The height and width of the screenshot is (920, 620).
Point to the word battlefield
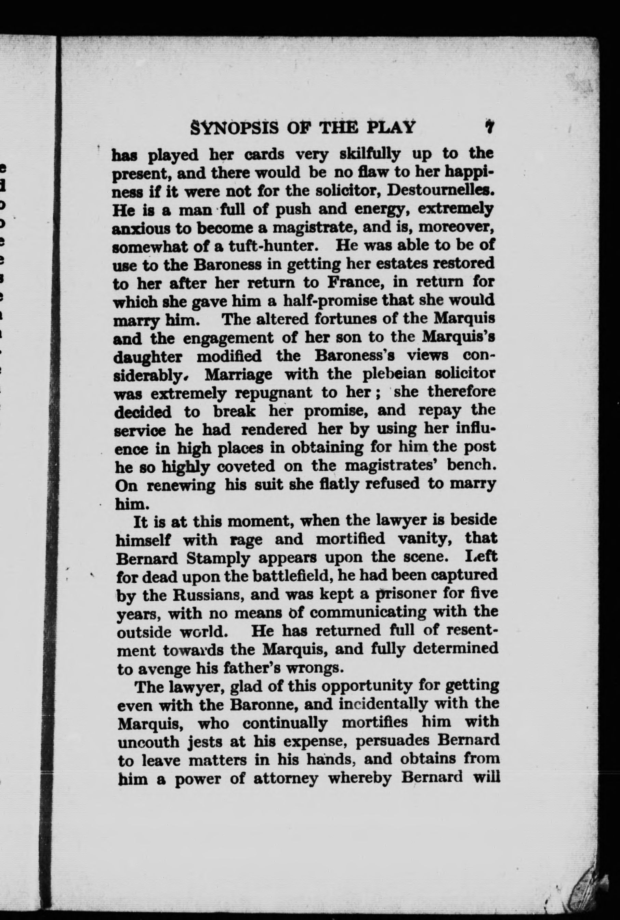pyautogui.click(x=282, y=576)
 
